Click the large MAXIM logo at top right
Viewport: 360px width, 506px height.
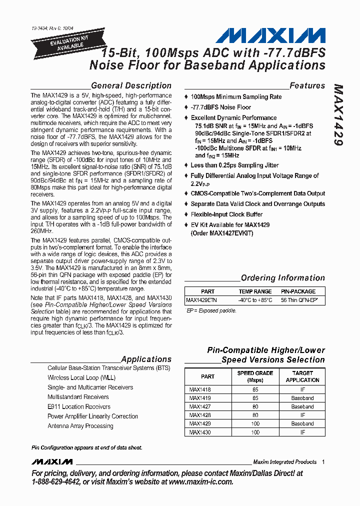[270, 35]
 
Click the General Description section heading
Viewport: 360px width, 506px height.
[131, 85]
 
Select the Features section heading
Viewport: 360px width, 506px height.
[307, 85]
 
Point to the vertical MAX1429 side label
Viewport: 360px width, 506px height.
[338, 115]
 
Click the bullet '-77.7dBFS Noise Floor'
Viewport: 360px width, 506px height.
[220, 107]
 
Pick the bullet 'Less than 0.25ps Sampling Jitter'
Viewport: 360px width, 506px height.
[234, 165]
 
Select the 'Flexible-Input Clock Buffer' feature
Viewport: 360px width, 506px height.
[226, 214]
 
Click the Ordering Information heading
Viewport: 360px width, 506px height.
[282, 278]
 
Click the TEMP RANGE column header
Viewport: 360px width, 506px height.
[255, 291]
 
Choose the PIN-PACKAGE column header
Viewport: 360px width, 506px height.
[298, 291]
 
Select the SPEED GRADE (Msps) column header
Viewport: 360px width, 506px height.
[255, 376]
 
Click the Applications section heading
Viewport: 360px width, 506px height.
[146, 359]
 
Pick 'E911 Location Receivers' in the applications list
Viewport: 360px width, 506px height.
[79, 406]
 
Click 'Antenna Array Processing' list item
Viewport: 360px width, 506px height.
[80, 426]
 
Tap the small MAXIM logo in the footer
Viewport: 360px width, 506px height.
[51, 461]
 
